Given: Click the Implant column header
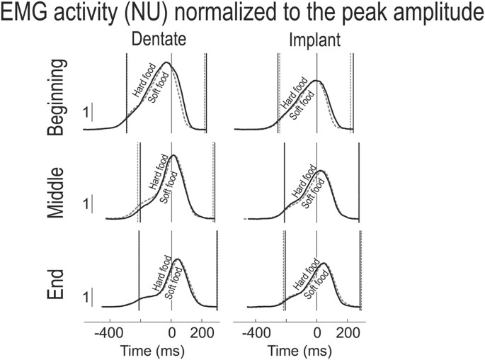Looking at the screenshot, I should pyautogui.click(x=316, y=42).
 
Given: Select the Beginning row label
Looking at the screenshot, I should pyautogui.click(x=59, y=97).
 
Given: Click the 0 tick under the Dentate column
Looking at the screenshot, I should pyautogui.click(x=171, y=331).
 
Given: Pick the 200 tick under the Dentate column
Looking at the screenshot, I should pyautogui.click(x=202, y=331).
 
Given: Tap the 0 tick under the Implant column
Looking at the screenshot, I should pyautogui.click(x=316, y=331).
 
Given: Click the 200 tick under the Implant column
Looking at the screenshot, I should pyautogui.click(x=348, y=331).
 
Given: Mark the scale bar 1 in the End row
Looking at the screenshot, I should pyautogui.click(x=86, y=298).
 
